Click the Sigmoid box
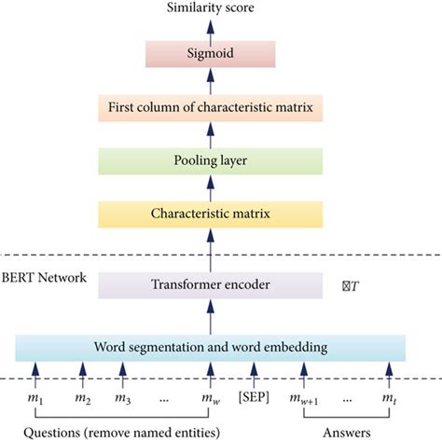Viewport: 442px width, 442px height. [x=210, y=55]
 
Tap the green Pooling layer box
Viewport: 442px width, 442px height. [x=210, y=159]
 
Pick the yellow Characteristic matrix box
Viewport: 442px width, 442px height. [x=210, y=214]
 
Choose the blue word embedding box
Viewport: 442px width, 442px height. [x=210, y=348]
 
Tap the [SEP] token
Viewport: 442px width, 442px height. [x=257, y=398]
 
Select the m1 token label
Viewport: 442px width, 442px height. [x=37, y=399]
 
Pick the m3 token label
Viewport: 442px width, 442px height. [x=122, y=399]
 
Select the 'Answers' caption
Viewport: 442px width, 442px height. [x=347, y=433]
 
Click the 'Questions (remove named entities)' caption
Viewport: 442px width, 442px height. [x=123, y=433]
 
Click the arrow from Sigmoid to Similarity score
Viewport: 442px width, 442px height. [x=210, y=30]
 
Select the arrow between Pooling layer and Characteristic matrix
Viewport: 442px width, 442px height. [x=210, y=186]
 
